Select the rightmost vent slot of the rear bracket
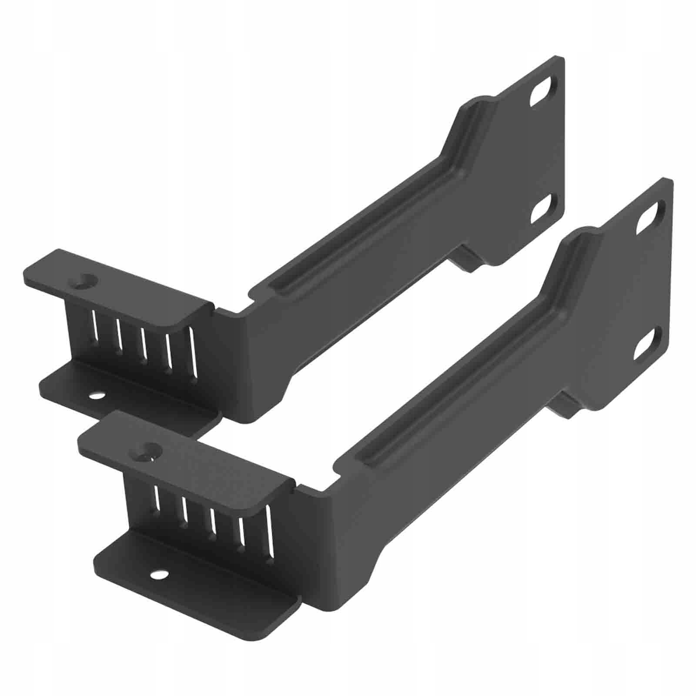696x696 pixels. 192,352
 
